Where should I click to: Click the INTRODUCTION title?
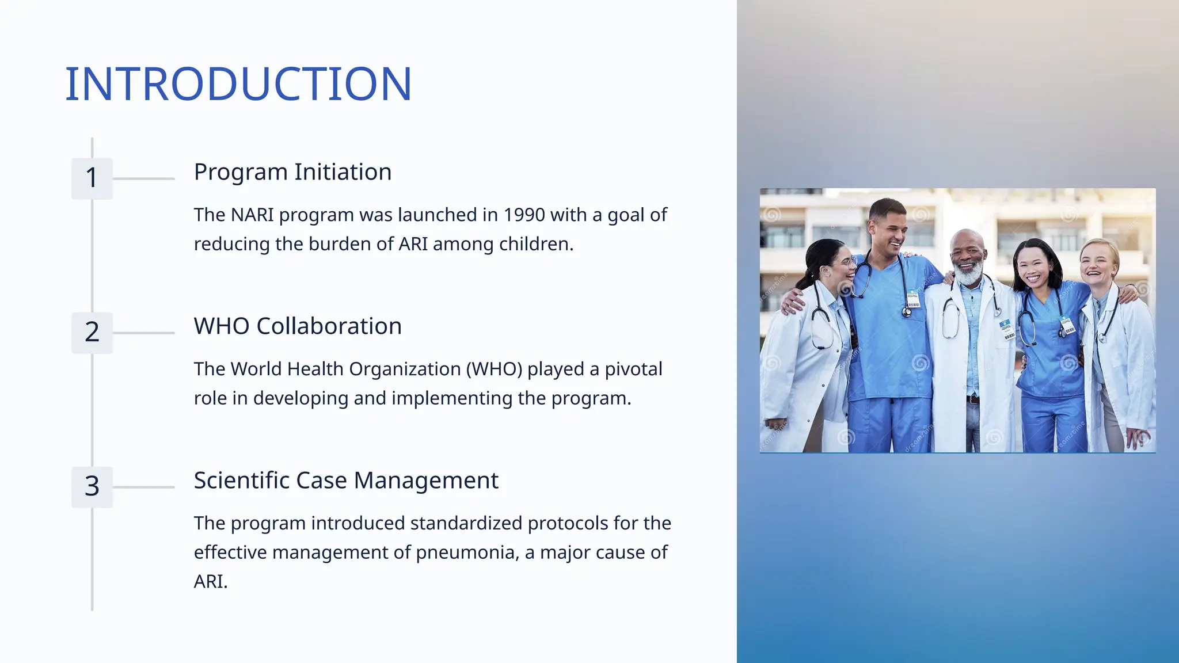(x=238, y=84)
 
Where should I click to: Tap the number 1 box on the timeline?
(x=92, y=178)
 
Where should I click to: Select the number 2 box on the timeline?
(x=92, y=332)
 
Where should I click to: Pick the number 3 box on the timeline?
(x=92, y=486)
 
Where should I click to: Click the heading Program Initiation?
(x=292, y=172)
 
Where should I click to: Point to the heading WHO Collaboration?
(x=298, y=326)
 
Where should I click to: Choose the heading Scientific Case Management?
(x=346, y=480)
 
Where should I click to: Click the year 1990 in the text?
(x=524, y=215)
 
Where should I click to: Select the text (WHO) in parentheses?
(x=494, y=369)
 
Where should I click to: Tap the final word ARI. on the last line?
(x=211, y=582)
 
